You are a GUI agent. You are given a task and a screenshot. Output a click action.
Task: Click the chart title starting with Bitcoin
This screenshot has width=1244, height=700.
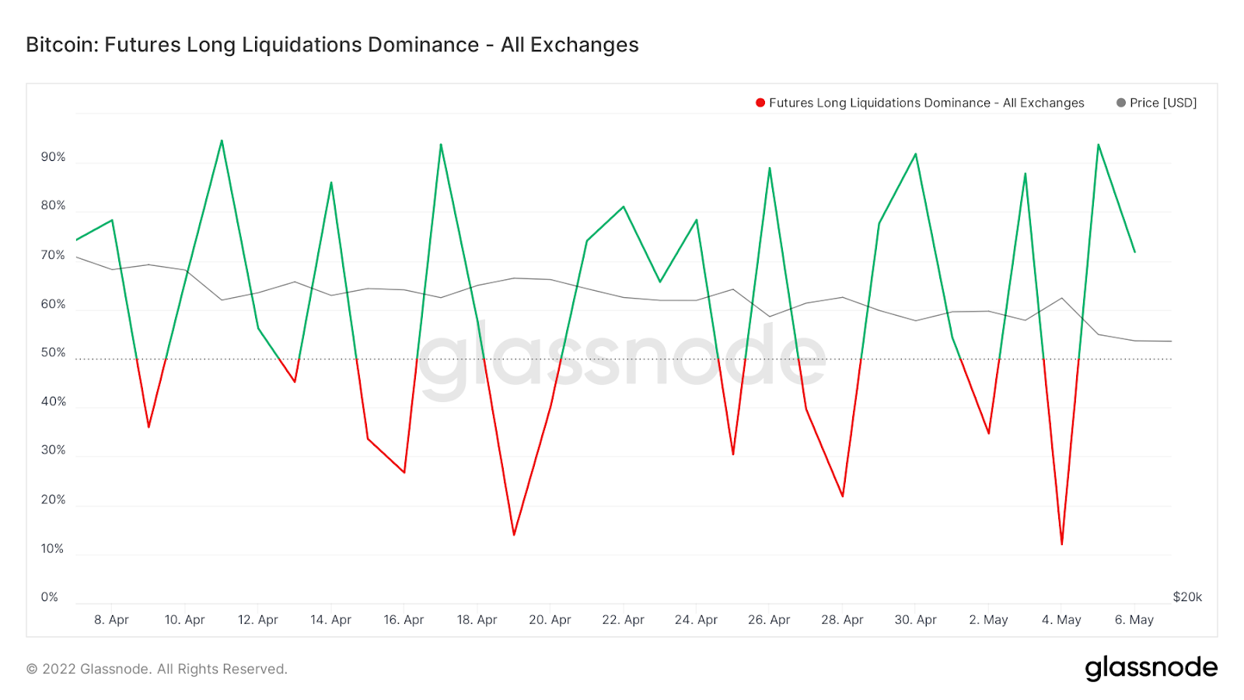[332, 45]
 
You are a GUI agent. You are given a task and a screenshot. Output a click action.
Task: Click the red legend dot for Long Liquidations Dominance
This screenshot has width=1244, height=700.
[760, 103]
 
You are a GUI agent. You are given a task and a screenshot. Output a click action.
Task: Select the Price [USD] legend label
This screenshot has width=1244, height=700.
[1162, 103]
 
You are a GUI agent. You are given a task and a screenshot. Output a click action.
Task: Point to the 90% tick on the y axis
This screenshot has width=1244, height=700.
[53, 157]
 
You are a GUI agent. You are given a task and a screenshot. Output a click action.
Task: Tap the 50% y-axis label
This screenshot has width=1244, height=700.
[53, 352]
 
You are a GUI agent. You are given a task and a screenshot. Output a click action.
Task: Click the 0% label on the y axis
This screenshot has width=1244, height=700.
[50, 597]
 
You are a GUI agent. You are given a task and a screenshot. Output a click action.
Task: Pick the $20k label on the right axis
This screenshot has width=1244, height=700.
[1187, 597]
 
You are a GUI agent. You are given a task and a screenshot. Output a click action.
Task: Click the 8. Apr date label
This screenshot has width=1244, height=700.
[111, 620]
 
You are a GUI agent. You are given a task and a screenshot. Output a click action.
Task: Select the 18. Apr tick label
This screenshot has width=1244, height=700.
[477, 620]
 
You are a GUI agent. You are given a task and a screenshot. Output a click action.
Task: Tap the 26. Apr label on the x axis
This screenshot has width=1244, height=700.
[769, 620]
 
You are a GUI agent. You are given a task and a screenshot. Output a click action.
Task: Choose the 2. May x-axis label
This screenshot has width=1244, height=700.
[988, 620]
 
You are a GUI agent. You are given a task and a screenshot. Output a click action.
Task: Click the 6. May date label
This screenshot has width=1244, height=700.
[1134, 620]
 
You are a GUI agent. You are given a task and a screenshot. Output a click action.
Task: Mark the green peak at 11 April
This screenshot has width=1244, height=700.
[222, 141]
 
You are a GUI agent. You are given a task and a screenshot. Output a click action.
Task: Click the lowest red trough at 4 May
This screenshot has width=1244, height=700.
[1062, 544]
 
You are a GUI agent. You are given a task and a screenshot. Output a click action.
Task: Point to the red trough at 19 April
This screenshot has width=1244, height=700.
[514, 534]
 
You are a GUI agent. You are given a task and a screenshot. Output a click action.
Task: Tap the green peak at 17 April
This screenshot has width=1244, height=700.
[441, 145]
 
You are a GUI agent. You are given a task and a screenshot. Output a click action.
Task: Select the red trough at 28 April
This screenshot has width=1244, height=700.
[843, 495]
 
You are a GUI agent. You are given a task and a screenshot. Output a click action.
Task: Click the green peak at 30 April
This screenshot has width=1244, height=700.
[916, 154]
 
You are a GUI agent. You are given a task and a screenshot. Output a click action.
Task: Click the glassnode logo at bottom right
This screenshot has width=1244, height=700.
[1151, 668]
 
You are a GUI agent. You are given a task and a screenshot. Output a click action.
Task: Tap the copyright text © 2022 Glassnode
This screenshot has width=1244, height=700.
[157, 669]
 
